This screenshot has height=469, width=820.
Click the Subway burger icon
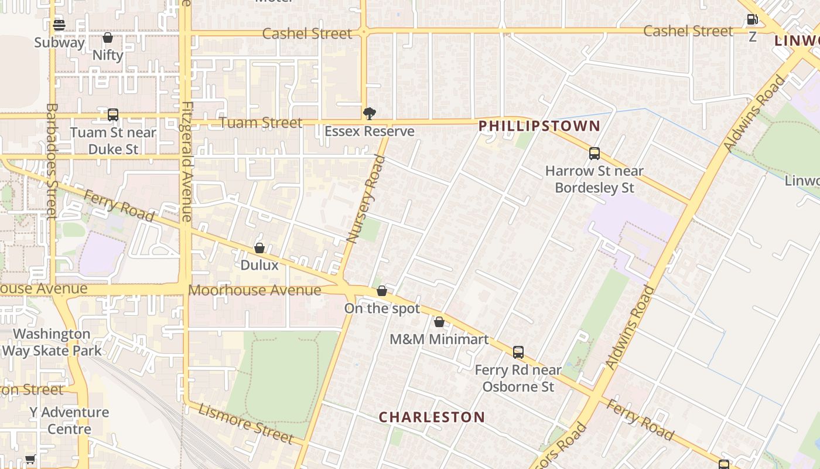coord(59,25)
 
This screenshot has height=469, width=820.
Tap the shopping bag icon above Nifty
coord(108,38)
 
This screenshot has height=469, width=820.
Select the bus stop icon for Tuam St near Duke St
coord(113,115)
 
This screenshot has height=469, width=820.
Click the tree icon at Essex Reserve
coord(369,113)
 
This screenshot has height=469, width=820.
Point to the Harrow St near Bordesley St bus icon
coord(594,154)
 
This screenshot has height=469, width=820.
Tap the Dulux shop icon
coord(259,248)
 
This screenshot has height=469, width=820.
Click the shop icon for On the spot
coord(382,291)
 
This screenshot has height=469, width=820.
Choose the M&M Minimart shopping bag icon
coord(439,322)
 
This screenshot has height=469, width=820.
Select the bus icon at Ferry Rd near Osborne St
coord(518,352)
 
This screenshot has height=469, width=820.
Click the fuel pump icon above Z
coord(753,19)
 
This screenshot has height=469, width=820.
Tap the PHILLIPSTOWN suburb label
coord(539,125)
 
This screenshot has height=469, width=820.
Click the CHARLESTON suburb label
coord(432,417)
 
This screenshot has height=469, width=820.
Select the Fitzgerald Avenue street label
coord(187,162)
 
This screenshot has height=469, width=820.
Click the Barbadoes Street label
coord(52,161)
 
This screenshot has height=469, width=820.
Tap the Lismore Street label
coord(245,423)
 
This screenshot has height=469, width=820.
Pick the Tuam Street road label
coord(261,123)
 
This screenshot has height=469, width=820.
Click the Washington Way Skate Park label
coord(52,342)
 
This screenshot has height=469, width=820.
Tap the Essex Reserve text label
coord(369,131)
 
